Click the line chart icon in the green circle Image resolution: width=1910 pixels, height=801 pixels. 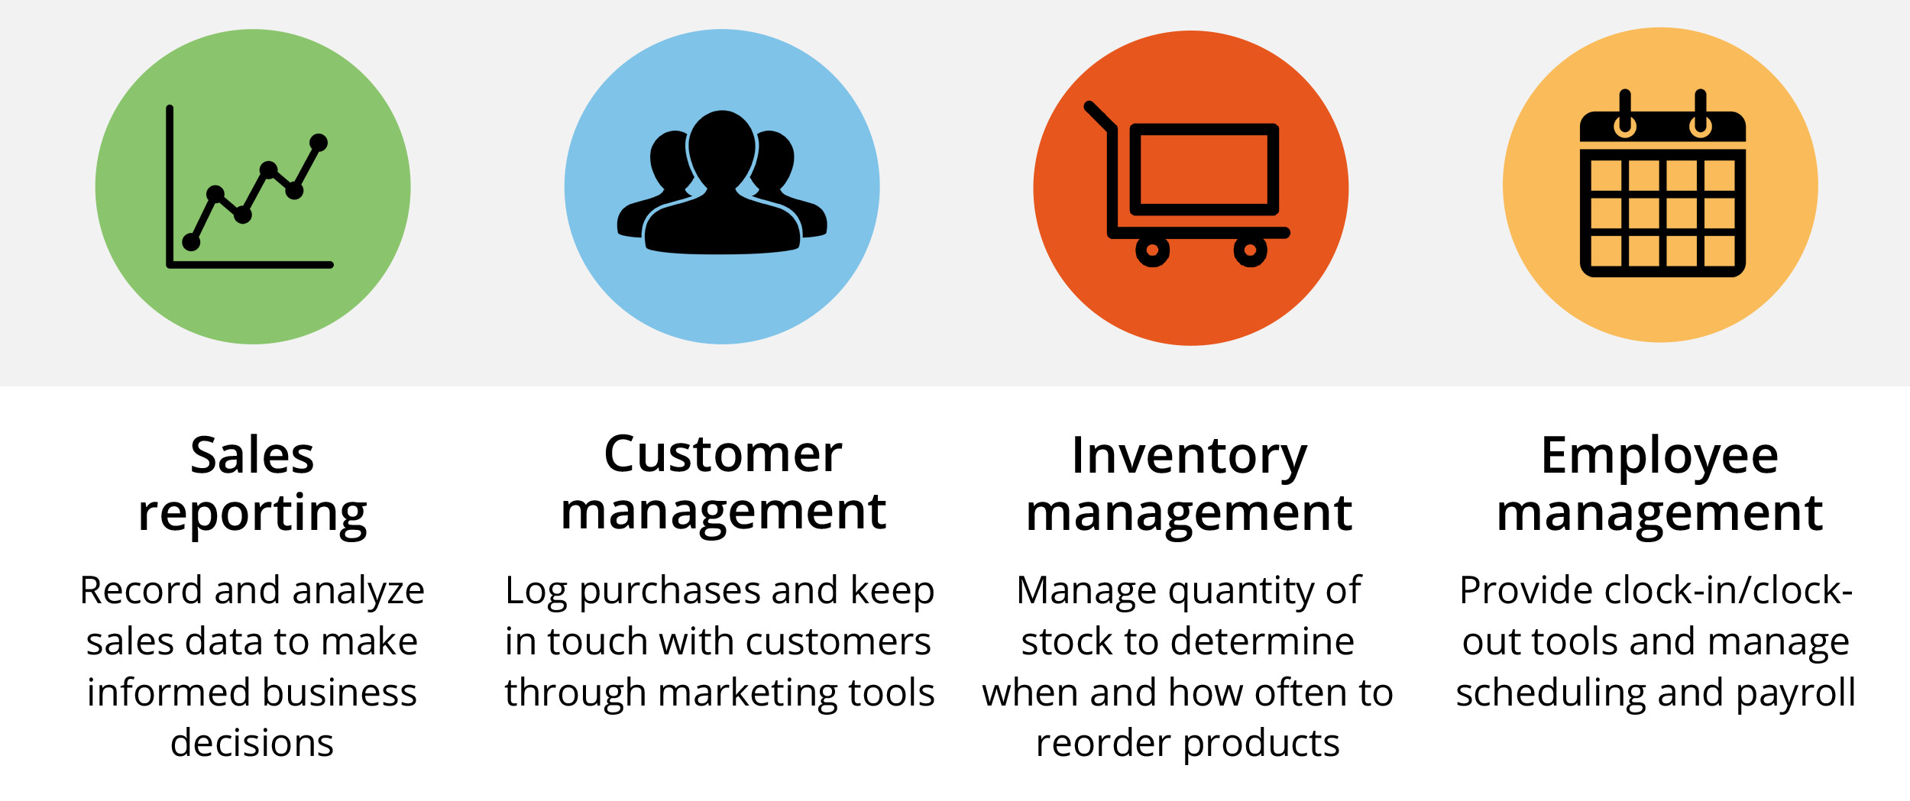point(250,187)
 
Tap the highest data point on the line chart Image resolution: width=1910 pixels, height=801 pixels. point(319,143)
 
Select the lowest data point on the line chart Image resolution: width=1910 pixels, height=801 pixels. point(191,242)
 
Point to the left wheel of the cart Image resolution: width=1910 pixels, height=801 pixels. point(1152,250)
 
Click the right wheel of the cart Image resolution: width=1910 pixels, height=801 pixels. point(1250,250)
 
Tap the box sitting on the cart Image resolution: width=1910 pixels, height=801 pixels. point(1204,169)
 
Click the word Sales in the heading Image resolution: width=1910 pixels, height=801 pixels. point(252,456)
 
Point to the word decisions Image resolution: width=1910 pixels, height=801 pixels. point(252,743)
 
